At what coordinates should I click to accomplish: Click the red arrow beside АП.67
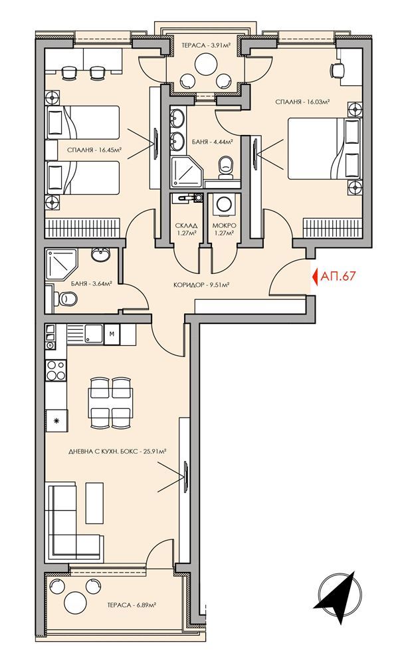tap(314, 275)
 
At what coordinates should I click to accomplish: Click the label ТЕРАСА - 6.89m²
tap(132, 605)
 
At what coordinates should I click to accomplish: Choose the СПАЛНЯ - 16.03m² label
tap(303, 102)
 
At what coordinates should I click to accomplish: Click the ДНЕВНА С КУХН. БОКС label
tap(116, 451)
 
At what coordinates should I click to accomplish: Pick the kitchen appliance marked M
tap(111, 333)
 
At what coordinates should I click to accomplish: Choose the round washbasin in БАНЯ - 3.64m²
tap(102, 255)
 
